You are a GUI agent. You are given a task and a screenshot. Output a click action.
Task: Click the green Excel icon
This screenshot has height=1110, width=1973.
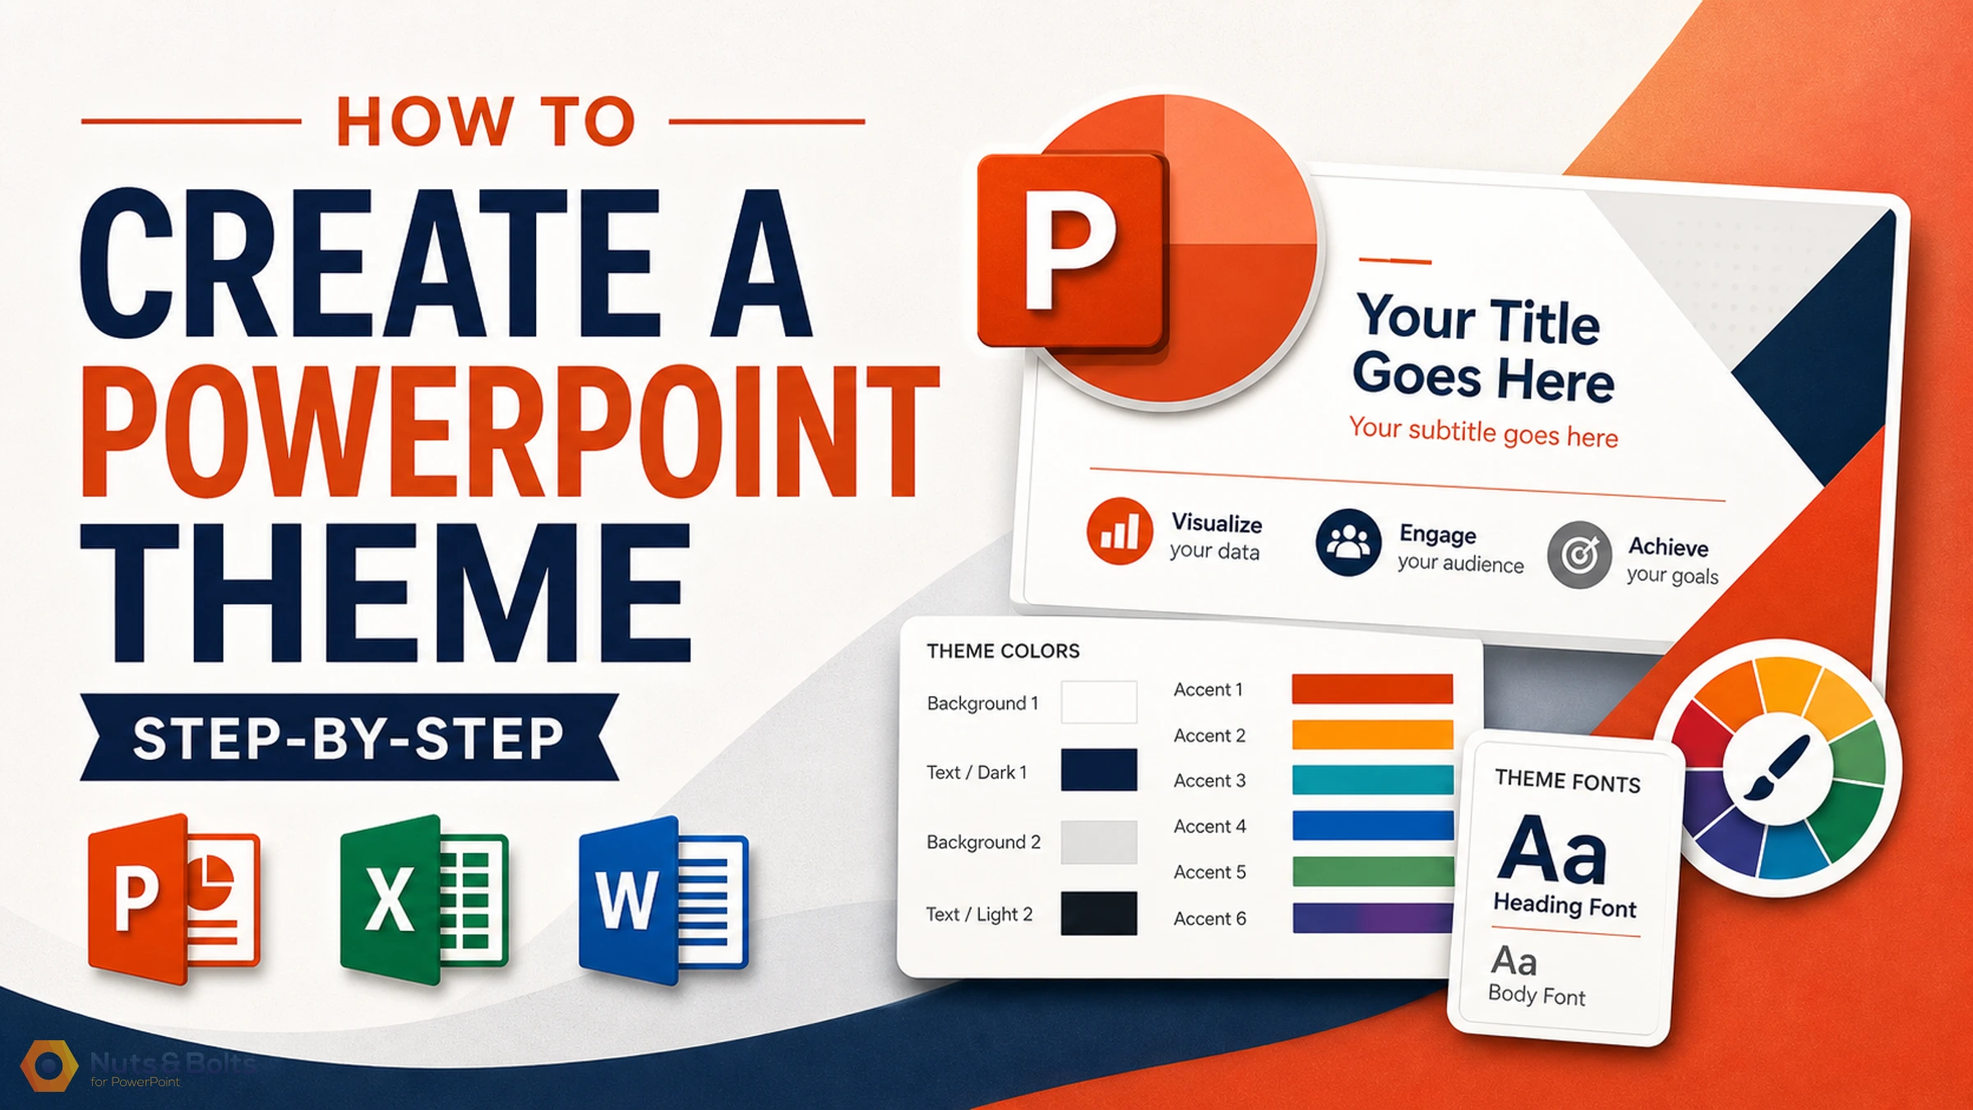[424, 900]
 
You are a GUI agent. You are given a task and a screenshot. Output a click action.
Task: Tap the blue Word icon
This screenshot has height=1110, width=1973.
[663, 900]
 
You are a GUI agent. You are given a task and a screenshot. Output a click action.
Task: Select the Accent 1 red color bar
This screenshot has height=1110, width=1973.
[1372, 689]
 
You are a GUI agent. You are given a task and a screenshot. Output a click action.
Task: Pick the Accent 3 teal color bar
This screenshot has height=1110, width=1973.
[1372, 780]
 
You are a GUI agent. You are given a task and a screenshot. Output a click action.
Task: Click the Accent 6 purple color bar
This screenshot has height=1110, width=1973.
[1372, 918]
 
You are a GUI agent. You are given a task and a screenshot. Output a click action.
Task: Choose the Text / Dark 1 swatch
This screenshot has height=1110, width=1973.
[1099, 770]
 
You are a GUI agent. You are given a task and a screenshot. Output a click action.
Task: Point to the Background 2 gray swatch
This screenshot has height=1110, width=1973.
[1099, 842]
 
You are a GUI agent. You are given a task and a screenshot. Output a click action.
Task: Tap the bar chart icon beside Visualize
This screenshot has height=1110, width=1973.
[1119, 531]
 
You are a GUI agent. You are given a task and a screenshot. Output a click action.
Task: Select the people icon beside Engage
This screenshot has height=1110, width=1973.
[1348, 542]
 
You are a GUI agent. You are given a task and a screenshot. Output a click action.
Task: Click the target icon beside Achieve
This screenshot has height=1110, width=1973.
[1579, 555]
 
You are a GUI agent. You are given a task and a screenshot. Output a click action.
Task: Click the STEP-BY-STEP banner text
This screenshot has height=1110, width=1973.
[348, 738]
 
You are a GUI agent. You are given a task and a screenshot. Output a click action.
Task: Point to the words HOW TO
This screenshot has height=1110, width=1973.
[486, 122]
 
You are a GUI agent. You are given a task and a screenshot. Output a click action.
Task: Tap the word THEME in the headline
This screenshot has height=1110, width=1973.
[386, 593]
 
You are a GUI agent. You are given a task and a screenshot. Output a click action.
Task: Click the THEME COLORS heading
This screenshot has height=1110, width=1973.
[1003, 651]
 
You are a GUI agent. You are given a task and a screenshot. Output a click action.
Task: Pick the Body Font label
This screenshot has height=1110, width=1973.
[1536, 995]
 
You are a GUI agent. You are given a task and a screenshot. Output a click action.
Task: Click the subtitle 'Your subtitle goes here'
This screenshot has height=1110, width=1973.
[1483, 432]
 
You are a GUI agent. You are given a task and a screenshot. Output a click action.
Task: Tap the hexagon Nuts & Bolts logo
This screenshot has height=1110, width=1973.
[49, 1066]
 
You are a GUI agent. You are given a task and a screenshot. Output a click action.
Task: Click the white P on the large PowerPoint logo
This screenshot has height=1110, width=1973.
[1070, 249]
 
